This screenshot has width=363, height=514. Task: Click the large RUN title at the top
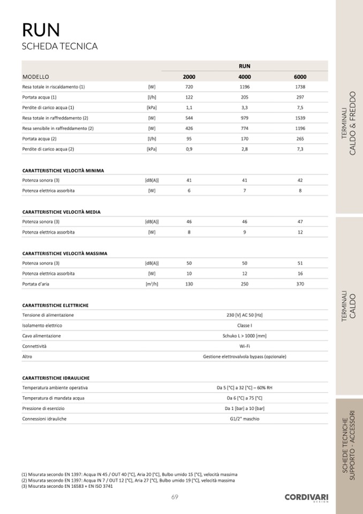[41, 29]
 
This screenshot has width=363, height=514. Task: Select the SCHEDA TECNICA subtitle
[59, 47]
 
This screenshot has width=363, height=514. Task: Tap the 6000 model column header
[300, 77]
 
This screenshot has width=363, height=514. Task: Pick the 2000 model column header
[189, 77]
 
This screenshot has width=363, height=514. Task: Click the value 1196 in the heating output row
[245, 87]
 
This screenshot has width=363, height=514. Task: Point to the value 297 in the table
[300, 97]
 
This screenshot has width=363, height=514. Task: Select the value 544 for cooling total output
[189, 118]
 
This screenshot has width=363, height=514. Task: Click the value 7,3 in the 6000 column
[300, 149]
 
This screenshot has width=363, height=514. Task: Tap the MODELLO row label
[35, 77]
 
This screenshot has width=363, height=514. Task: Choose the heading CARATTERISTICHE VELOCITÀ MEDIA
[61, 212]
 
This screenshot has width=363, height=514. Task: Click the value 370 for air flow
[300, 284]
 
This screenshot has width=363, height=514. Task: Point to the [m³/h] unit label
[152, 284]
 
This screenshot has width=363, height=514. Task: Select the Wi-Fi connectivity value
[245, 346]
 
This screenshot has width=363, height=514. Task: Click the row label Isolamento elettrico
[42, 325]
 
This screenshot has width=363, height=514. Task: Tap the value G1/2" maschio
[245, 419]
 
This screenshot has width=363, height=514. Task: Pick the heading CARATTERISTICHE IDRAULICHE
[56, 377]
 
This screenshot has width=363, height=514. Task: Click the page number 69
[175, 497]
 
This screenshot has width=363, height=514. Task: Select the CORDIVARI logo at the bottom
[306, 498]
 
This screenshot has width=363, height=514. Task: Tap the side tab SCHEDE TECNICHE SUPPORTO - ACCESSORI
[349, 445]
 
